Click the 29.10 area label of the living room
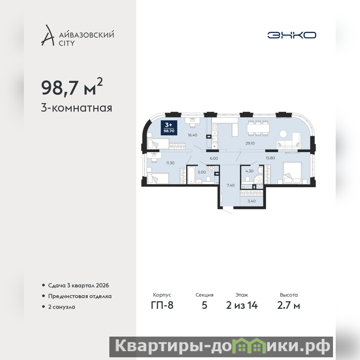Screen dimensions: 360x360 point(250,143)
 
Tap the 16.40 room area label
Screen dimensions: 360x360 point(193,135)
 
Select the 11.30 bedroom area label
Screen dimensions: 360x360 point(170,163)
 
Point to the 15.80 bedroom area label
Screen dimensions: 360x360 point(270,158)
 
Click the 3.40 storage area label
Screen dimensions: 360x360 point(252,201)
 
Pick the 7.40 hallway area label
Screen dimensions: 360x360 point(230,185)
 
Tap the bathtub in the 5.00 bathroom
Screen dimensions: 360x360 point(191,175)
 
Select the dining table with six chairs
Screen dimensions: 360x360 point(258,128)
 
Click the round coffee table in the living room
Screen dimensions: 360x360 point(283,134)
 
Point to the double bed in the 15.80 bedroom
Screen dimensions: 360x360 point(292,173)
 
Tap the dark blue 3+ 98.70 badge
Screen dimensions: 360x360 point(169,128)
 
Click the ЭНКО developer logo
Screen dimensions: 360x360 point(292,35)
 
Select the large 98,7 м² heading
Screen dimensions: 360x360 point(72,87)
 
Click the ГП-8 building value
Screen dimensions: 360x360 point(162,306)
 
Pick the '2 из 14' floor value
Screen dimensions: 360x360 point(242,306)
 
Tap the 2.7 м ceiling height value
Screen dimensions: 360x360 point(288,306)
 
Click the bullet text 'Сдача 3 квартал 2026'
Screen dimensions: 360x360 point(78,285)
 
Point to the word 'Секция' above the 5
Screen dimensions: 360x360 point(204,295)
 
